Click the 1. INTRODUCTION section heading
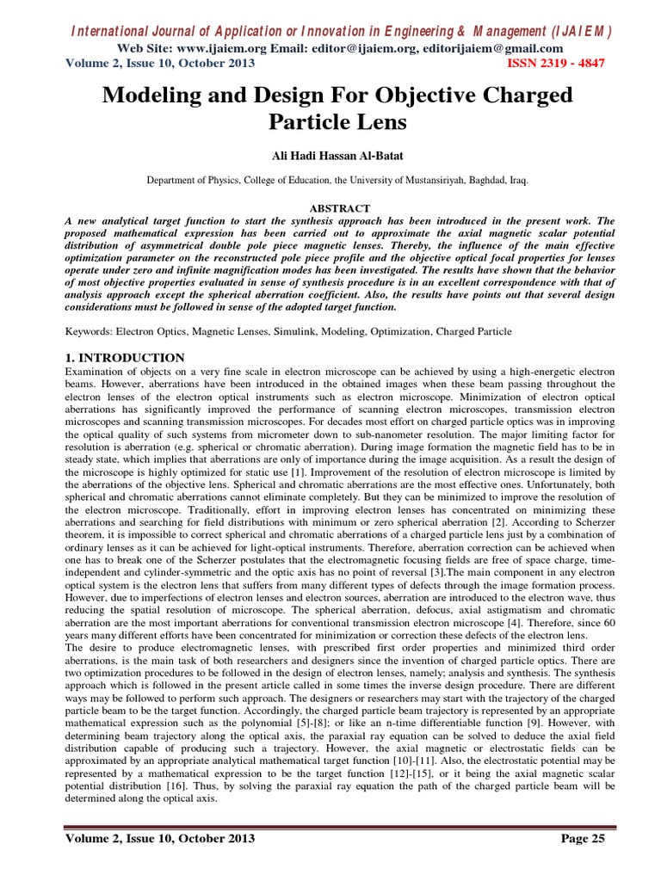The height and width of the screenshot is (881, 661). point(125,357)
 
